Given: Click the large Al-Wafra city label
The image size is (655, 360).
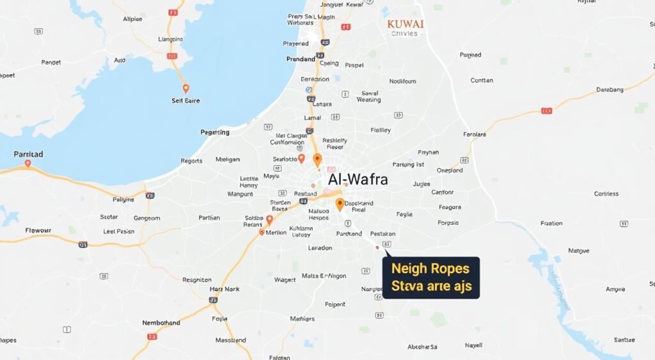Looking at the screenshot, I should click(x=358, y=180).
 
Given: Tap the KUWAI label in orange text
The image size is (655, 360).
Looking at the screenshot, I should click(x=406, y=23).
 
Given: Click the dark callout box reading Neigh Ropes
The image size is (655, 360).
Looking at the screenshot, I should click(x=430, y=278).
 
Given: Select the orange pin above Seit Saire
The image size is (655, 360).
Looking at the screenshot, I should click(x=185, y=88).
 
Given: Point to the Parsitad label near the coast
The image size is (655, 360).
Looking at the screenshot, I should click(x=29, y=154).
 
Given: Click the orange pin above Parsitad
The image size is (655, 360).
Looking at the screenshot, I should click(x=28, y=163).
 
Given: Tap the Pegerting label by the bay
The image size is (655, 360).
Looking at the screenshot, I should click(x=215, y=132).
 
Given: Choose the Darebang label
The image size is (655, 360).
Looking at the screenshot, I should click(x=610, y=90).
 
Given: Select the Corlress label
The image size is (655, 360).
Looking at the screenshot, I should click(x=606, y=194).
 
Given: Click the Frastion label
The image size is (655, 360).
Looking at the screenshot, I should click(x=551, y=224).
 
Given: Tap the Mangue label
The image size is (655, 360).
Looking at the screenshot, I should click(x=578, y=251).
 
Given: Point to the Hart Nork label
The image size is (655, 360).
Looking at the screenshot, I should click(x=225, y=289).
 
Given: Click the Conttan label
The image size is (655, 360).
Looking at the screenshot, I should click(x=482, y=81).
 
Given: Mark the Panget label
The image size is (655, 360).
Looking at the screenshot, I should click(x=51, y=63).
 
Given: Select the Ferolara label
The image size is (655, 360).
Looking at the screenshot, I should click(x=475, y=135).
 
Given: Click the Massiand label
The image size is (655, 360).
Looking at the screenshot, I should click(x=231, y=340).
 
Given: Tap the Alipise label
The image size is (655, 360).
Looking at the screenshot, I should click(x=132, y=19).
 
